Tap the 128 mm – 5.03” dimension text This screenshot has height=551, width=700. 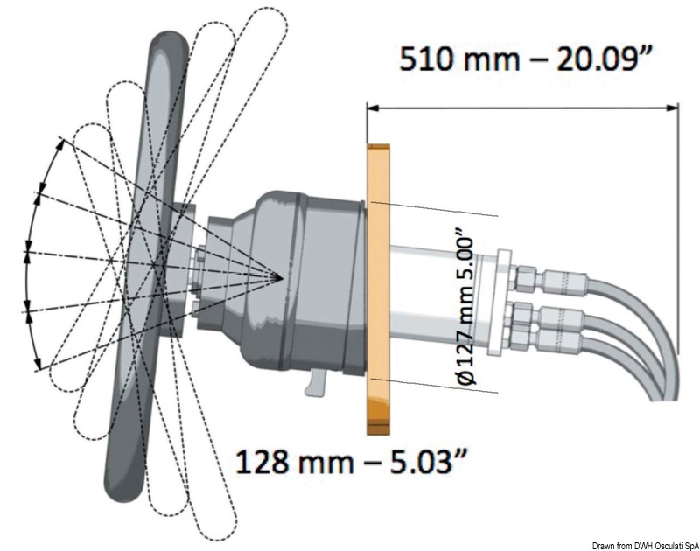[x=352, y=461]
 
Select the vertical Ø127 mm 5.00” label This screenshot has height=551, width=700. [x=465, y=311]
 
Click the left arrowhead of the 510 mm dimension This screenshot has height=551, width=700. [x=374, y=108]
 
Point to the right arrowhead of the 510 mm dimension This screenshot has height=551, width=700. [x=672, y=108]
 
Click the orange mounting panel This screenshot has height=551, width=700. [x=378, y=289]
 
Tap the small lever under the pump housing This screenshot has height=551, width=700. [x=316, y=383]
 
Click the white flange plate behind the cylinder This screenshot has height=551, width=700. [x=499, y=303]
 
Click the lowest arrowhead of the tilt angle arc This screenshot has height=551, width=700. [x=38, y=365]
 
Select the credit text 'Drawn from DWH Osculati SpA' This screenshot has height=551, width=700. [x=645, y=546]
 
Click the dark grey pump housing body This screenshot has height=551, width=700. [x=304, y=281]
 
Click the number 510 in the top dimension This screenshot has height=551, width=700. [x=426, y=59]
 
